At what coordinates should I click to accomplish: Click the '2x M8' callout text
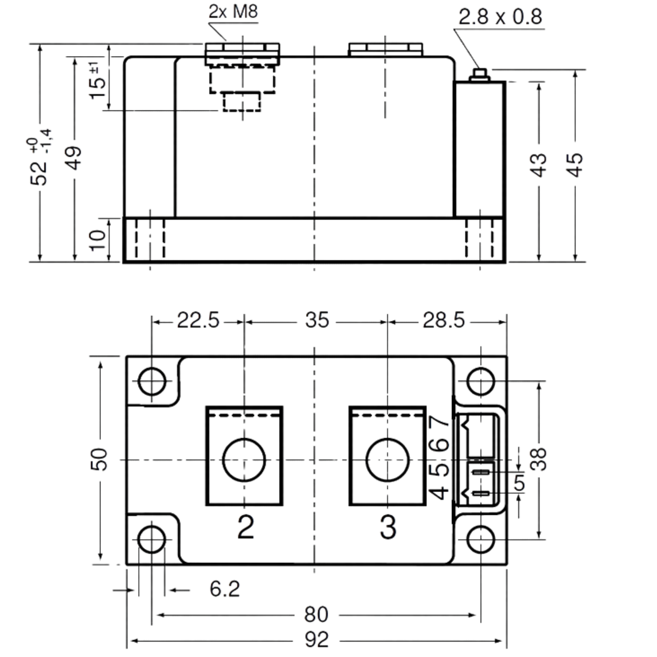coord(233,12)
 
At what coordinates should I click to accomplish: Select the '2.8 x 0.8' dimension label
coord(500,17)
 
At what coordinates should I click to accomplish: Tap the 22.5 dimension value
coord(198,320)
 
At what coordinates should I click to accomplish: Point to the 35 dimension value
coord(317,320)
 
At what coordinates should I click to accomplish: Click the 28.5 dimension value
coord(444,321)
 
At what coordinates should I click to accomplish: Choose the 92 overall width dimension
coord(316,640)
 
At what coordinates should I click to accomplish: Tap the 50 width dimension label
coord(99,460)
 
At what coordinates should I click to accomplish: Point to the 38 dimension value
coord(539,459)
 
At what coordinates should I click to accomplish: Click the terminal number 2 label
coord(246,527)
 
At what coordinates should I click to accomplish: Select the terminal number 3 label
coord(388,527)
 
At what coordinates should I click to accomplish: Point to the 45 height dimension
coord(575,165)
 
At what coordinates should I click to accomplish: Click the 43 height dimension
coord(539,165)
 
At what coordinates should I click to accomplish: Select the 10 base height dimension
coord(98,240)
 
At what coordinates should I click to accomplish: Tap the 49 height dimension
coord(74,158)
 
